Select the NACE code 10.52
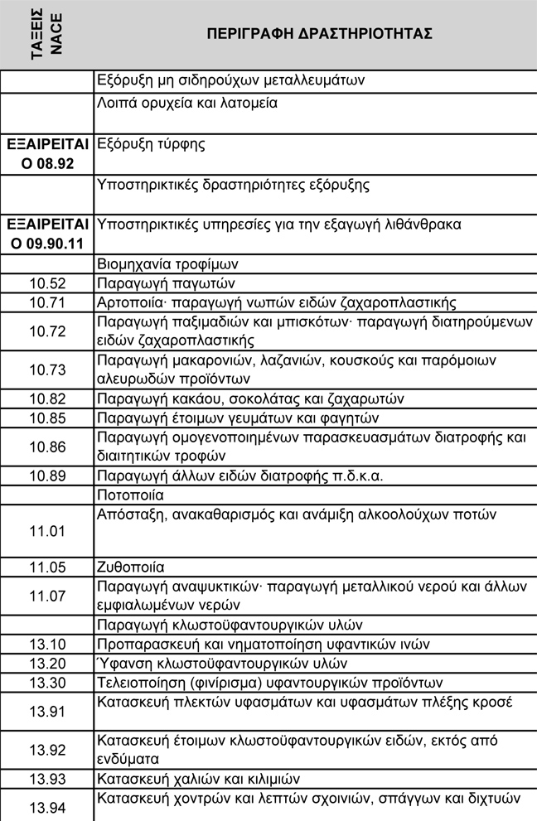click(x=46, y=283)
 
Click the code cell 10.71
click(x=46, y=302)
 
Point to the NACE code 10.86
click(x=46, y=447)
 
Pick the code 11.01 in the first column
click(x=46, y=531)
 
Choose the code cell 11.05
click(x=46, y=568)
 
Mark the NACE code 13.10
click(x=46, y=645)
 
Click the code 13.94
click(x=46, y=807)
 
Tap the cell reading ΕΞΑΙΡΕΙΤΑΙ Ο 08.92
click(x=46, y=153)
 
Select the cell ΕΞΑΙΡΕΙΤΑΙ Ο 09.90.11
click(x=46, y=234)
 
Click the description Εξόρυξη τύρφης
click(x=151, y=144)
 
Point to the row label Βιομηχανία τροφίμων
click(x=168, y=265)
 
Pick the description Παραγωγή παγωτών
click(x=157, y=283)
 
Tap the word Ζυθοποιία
click(x=131, y=568)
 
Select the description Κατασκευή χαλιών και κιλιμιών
click(x=198, y=779)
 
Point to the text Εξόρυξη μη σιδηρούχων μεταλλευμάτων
click(x=231, y=80)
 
